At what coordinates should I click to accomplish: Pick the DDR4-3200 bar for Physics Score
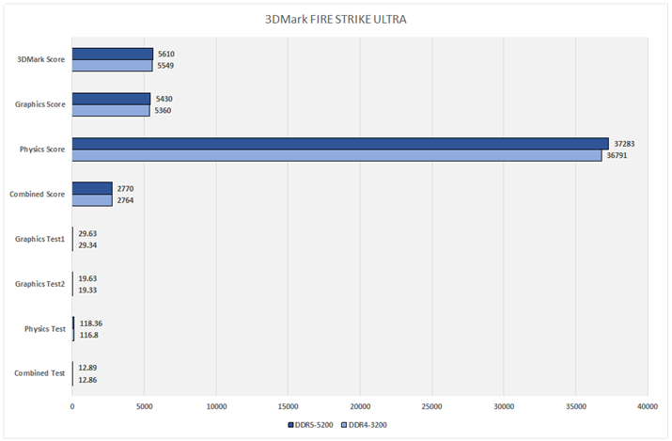point(336,155)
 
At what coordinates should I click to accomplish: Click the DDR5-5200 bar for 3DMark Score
point(113,54)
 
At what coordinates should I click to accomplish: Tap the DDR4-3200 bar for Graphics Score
point(111,110)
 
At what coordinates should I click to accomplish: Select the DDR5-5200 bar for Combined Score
point(92,188)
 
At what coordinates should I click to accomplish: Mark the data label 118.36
point(90,323)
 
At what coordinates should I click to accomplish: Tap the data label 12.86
point(87,379)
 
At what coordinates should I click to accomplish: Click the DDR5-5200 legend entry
point(312,425)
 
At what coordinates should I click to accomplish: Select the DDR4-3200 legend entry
point(367,425)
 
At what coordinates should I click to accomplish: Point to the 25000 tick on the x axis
point(431,406)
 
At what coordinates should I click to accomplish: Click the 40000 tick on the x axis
point(647,406)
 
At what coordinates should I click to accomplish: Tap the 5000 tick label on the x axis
point(144,406)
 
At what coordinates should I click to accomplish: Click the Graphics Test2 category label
point(39,284)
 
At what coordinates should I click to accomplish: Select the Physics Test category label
point(44,329)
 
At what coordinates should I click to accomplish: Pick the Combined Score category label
point(37,195)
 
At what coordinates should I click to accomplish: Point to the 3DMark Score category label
point(40,59)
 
